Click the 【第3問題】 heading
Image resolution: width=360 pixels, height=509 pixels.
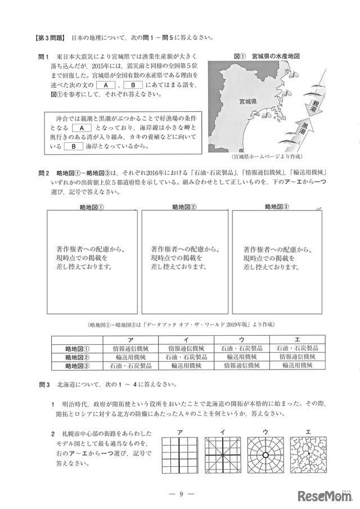50,38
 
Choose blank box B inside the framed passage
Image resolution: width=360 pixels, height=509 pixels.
73,146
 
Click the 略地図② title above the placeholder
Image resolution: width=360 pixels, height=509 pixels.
183,206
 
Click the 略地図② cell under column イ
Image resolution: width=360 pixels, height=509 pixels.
186,357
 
